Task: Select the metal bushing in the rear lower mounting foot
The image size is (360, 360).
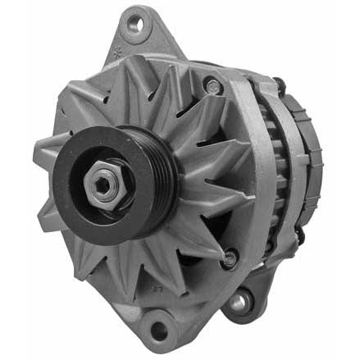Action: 239,301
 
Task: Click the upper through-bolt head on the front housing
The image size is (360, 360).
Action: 214,84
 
